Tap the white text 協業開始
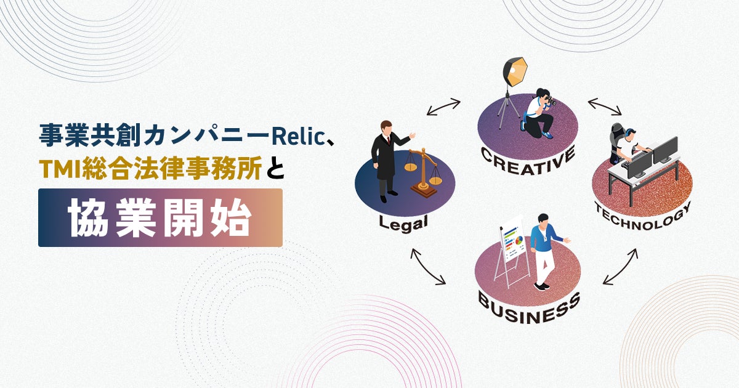click(160, 217)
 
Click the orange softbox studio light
click(514, 71)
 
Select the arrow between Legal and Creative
click(443, 107)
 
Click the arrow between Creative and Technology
click(605, 107)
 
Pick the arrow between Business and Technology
click(620, 266)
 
